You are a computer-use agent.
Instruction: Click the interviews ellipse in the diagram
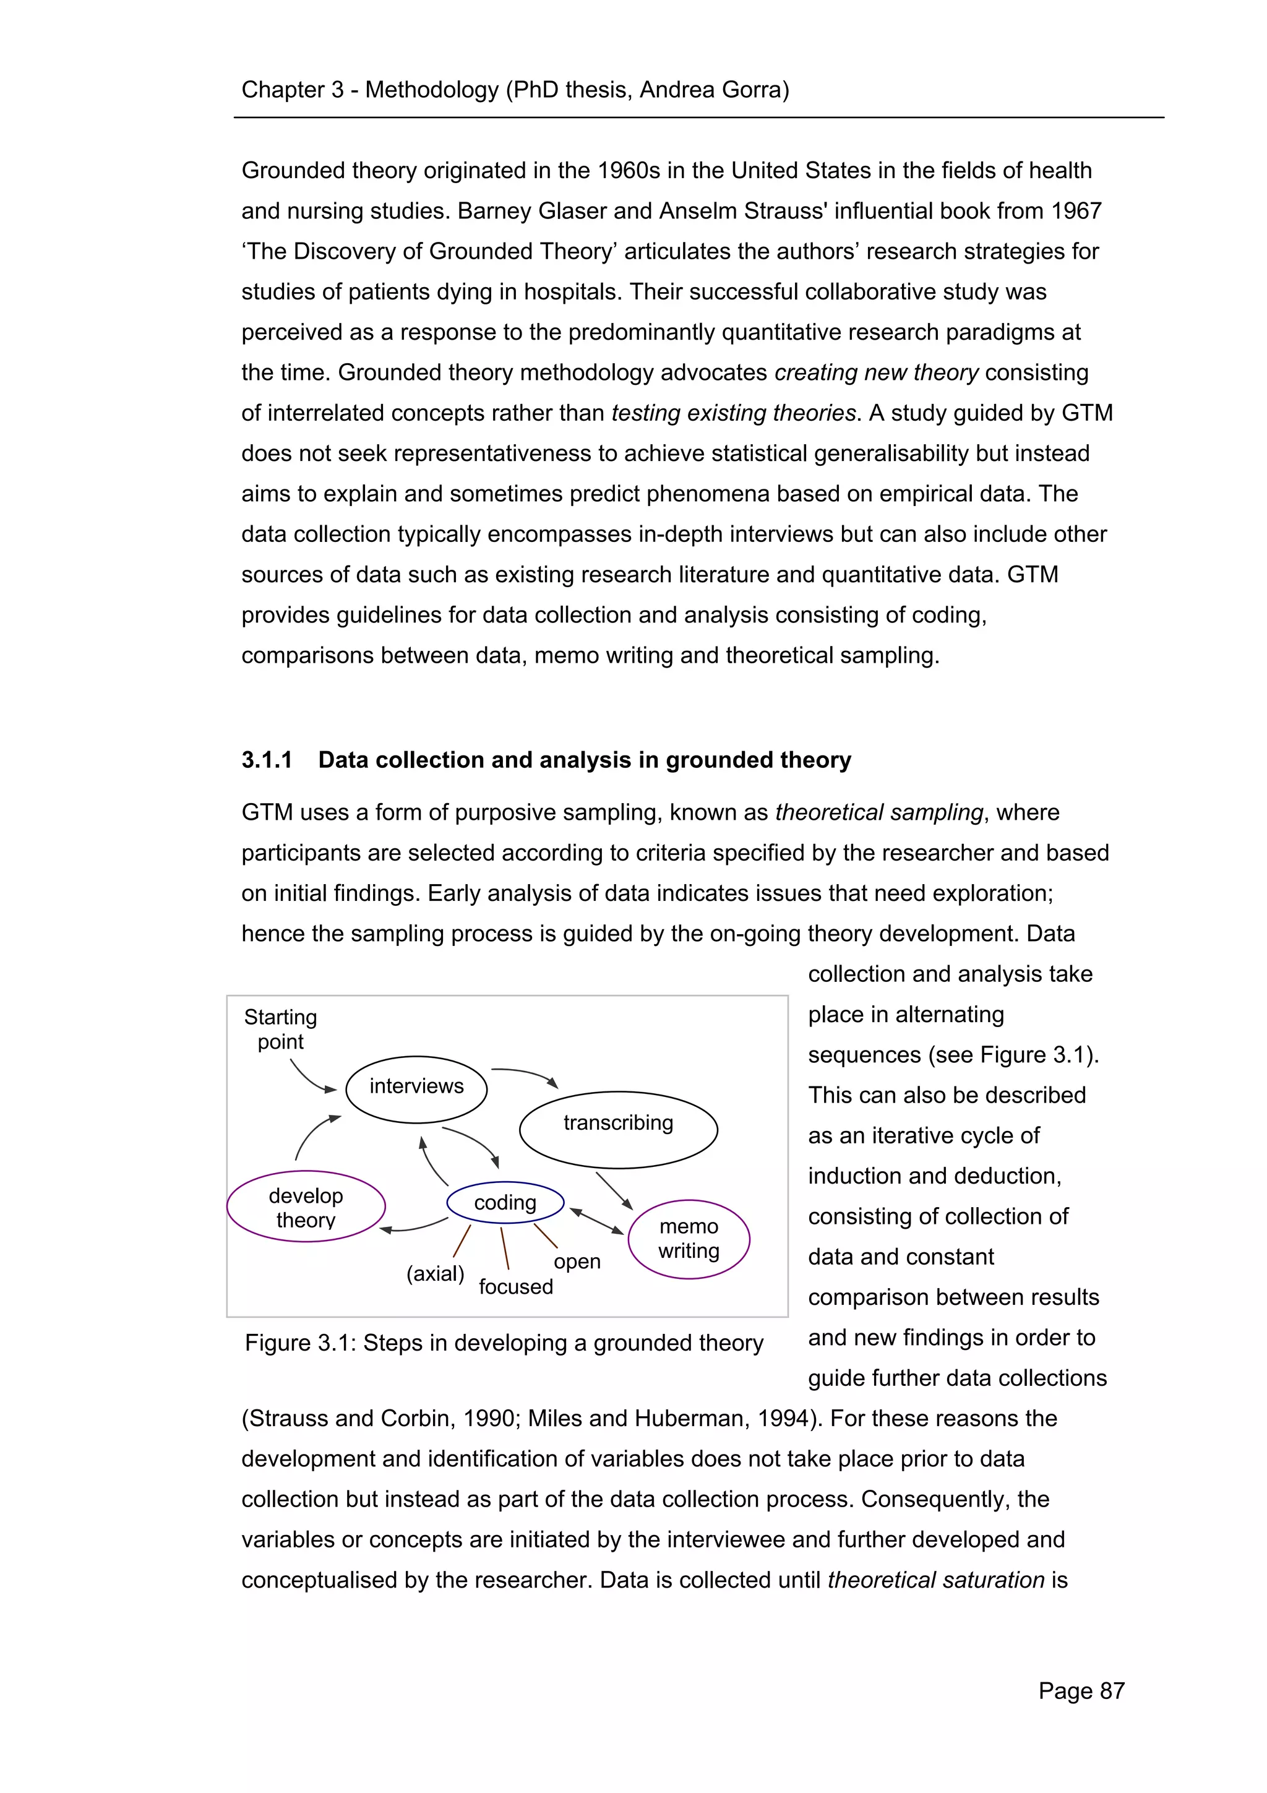point(416,1089)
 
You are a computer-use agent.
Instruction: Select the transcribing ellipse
point(617,1129)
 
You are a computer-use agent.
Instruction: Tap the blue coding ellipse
point(505,1203)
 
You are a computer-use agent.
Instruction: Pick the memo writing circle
point(689,1239)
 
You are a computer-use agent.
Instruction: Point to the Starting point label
point(280,1030)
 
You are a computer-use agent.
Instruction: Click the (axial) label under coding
point(435,1274)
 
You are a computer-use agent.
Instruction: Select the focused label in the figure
point(515,1287)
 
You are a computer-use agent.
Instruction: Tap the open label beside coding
point(577,1262)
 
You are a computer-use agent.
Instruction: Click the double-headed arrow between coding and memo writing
point(596,1221)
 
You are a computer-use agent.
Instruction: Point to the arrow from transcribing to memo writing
point(614,1190)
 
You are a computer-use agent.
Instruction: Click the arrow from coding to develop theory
point(414,1227)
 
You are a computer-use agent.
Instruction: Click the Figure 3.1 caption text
point(504,1343)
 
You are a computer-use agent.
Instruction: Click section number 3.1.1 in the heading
point(266,760)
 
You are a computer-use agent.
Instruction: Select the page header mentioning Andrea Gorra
point(515,90)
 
